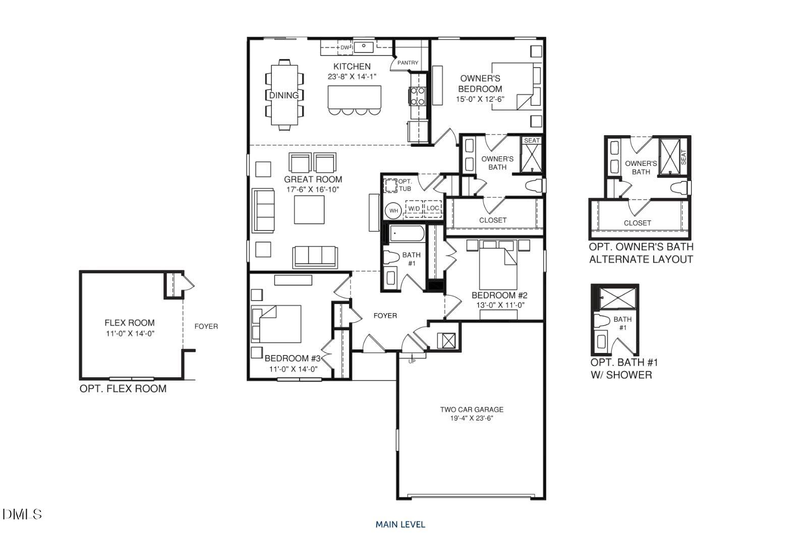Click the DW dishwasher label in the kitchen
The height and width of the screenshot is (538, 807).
click(344, 47)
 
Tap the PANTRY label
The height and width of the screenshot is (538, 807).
click(408, 63)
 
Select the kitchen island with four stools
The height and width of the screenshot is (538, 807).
click(354, 97)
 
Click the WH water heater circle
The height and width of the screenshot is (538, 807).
click(393, 210)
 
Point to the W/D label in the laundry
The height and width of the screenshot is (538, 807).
click(414, 208)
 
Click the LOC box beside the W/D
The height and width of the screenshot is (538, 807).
click(433, 208)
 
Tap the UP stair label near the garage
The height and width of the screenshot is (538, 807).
click(412, 361)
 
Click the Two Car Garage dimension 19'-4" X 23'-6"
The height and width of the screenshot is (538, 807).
click(472, 418)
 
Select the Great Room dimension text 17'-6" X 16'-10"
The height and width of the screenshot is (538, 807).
click(313, 190)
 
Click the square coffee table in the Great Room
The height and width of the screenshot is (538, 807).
click(309, 209)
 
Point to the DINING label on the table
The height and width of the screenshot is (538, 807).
click(283, 95)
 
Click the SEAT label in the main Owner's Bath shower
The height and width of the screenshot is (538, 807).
click(532, 141)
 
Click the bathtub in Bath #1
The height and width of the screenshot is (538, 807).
click(407, 233)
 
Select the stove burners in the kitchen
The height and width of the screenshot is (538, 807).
click(418, 96)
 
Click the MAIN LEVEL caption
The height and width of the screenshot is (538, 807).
click(400, 524)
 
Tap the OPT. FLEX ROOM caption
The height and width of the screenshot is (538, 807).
click(123, 389)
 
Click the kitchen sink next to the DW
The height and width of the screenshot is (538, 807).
click(363, 47)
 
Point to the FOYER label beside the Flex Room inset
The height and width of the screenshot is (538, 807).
click(206, 326)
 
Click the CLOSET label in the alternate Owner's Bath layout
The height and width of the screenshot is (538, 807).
click(638, 223)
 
